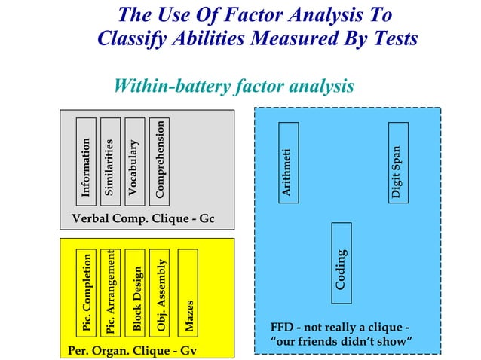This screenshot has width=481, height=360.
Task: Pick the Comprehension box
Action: click(158, 160)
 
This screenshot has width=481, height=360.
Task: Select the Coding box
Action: click(342, 263)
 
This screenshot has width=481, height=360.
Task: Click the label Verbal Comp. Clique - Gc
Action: click(143, 219)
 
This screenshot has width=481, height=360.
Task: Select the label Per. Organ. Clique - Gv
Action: click(130, 350)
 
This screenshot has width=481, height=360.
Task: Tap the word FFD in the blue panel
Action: click(283, 328)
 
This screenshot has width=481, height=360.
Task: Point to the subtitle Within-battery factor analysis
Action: click(233, 87)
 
